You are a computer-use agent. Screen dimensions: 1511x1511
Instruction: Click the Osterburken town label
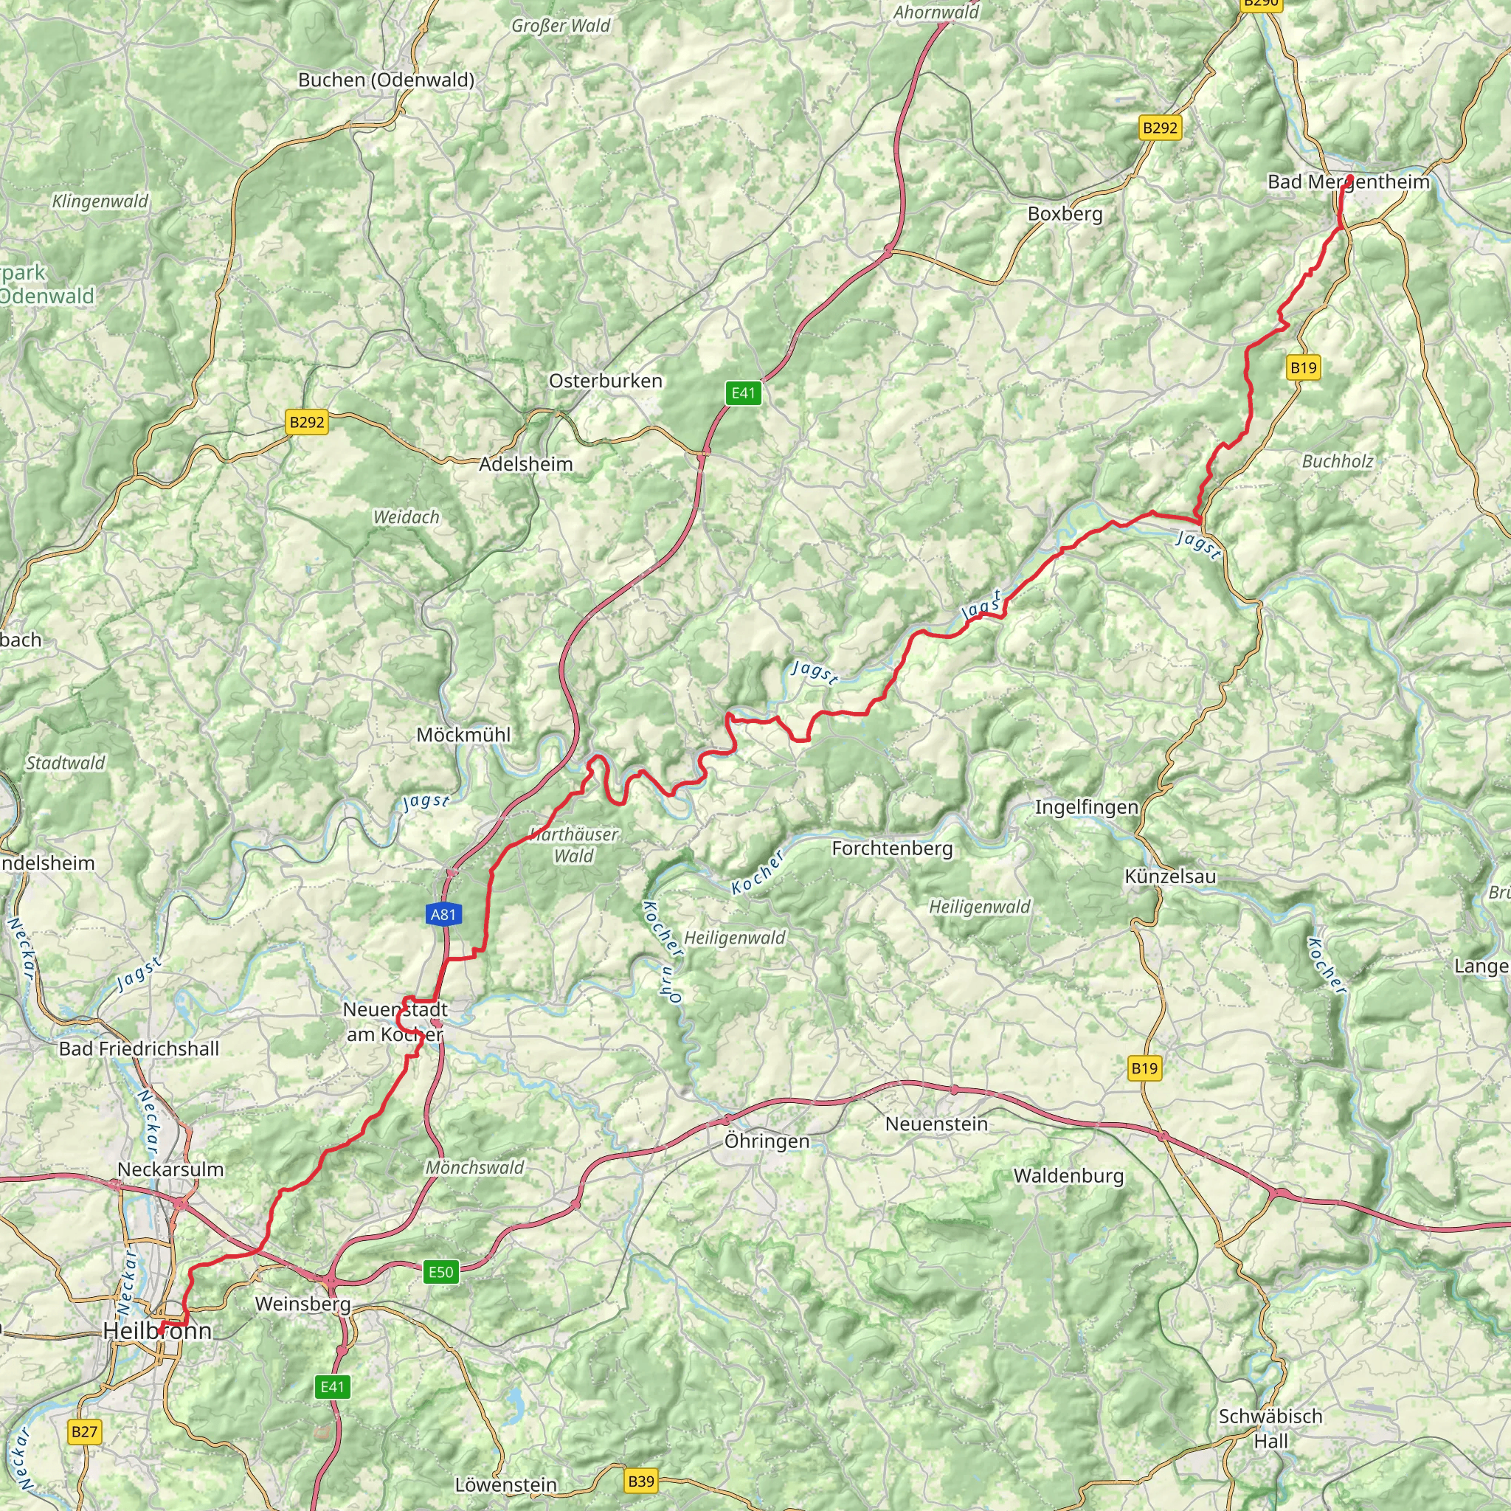coord(605,381)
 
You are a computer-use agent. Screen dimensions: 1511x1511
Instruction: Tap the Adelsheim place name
coord(525,464)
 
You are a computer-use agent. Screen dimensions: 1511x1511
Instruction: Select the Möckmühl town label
coord(463,734)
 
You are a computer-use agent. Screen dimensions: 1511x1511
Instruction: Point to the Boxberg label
coord(1065,213)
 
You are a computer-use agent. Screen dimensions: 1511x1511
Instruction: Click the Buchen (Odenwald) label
coord(386,80)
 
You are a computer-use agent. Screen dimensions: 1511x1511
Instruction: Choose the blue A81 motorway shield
coord(443,914)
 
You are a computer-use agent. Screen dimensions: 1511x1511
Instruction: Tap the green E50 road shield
coord(440,1271)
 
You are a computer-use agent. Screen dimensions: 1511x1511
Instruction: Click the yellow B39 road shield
coord(640,1481)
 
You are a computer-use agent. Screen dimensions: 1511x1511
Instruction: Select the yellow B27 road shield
coord(83,1431)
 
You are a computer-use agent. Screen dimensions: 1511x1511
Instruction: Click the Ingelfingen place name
coord(1085,807)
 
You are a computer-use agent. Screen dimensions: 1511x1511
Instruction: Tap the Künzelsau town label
coord(1170,876)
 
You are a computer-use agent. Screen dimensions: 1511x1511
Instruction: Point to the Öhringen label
coord(767,1141)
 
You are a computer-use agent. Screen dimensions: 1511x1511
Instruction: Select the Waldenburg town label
coord(1068,1175)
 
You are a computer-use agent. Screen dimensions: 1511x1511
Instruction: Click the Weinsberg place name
coord(302,1304)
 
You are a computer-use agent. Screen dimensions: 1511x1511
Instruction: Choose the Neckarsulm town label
coord(170,1169)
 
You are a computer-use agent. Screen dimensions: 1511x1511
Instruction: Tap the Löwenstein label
coord(506,1484)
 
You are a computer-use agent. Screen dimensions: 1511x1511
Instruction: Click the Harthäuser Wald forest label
coord(574,845)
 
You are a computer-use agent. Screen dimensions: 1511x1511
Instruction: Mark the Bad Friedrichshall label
coord(139,1049)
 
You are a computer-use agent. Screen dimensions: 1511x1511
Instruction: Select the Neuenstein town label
coord(936,1124)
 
